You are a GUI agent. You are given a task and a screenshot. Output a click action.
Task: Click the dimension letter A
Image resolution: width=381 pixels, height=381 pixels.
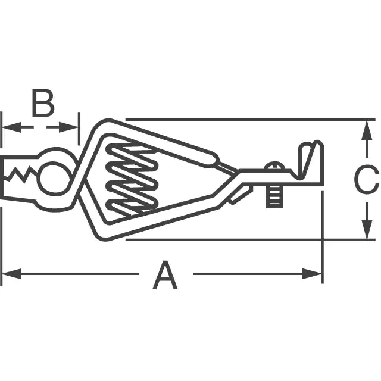[165, 275]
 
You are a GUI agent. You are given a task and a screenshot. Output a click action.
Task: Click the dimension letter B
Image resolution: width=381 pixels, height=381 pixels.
[43, 103]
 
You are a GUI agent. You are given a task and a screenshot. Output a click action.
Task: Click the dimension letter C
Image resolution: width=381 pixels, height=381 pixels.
[366, 179]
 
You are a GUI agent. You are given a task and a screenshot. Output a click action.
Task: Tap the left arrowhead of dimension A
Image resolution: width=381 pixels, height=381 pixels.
[12, 274]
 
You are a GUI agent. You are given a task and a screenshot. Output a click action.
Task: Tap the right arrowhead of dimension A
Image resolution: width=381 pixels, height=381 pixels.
[312, 274]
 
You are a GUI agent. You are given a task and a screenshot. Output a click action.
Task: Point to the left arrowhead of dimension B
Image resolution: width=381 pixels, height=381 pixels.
[12, 127]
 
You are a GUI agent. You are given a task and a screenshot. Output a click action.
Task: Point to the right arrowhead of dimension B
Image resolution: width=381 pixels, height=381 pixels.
[68, 127]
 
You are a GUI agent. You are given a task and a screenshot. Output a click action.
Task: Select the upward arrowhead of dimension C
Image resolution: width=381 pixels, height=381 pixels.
[367, 130]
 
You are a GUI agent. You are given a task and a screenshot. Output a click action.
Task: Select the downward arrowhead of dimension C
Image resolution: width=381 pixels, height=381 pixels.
[367, 229]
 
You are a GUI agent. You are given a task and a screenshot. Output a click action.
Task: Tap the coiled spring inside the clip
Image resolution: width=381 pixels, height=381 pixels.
[132, 180]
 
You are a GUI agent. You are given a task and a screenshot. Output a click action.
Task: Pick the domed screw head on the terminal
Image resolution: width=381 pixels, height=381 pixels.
[274, 166]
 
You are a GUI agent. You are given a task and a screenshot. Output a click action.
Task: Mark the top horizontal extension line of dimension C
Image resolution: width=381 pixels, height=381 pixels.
[250, 120]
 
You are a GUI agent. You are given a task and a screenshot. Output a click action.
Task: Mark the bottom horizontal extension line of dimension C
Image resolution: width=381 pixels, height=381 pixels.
[250, 240]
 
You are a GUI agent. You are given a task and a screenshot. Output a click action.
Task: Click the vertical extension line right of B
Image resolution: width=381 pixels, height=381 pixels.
[79, 129]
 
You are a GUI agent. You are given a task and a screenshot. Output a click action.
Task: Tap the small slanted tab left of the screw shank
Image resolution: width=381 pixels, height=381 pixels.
[241, 196]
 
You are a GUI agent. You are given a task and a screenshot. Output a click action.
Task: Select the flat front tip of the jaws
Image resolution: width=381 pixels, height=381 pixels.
[2, 177]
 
